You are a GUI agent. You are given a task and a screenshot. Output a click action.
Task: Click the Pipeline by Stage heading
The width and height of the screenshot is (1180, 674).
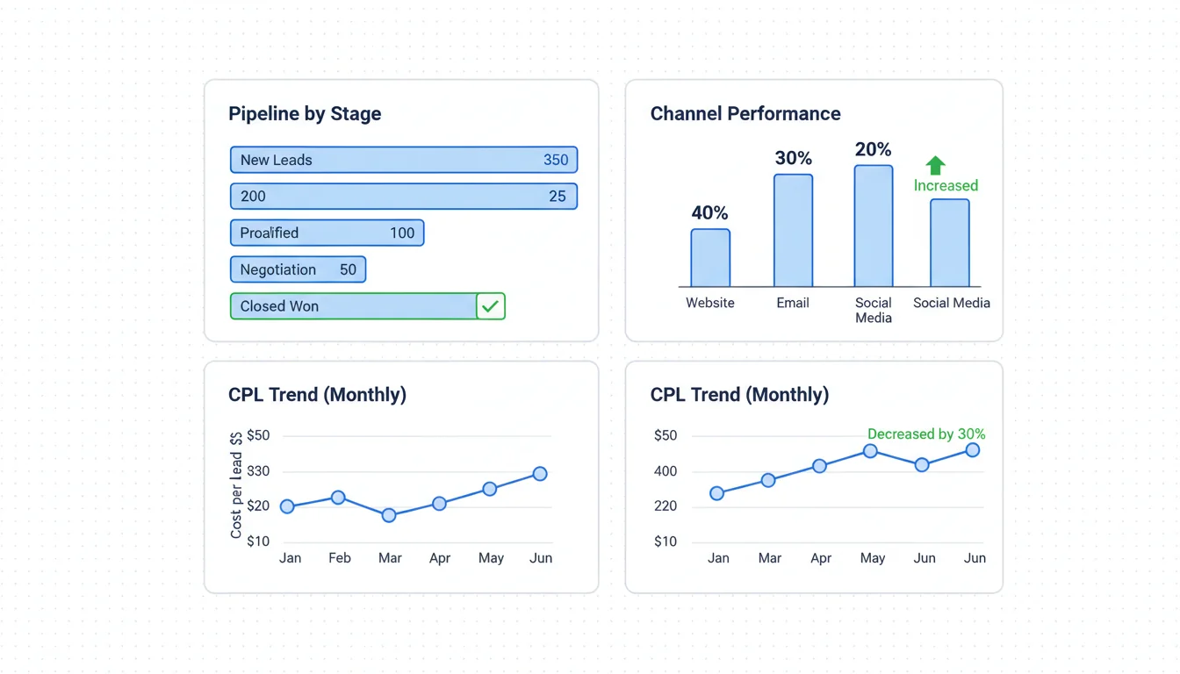(305, 114)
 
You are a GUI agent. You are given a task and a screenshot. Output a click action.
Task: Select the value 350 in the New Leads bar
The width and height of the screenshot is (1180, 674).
(556, 160)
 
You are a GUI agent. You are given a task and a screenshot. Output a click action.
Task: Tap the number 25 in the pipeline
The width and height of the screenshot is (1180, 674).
(558, 197)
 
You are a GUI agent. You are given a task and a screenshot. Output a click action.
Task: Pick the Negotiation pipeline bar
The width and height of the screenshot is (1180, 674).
(298, 269)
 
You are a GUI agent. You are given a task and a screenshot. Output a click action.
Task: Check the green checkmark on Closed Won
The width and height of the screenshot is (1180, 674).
(490, 306)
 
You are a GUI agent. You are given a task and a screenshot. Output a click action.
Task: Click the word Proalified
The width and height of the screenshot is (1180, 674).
(270, 233)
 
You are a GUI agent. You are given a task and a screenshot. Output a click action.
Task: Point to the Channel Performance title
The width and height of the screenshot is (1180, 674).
(745, 114)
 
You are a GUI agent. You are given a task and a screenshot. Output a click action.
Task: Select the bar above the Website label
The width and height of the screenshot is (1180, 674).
(710, 258)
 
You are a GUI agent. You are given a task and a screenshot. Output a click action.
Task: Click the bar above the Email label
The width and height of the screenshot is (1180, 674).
(793, 231)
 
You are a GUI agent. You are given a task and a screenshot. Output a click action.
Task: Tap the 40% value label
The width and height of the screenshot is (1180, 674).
(709, 212)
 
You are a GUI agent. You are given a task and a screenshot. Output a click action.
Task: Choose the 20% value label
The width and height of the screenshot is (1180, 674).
(873, 150)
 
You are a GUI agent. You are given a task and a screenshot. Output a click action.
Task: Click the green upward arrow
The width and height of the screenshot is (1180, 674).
(935, 165)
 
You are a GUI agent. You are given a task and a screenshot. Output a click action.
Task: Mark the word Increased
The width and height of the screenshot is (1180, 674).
(946, 185)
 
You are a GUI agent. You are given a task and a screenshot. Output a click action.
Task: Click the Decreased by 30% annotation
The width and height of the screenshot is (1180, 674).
(926, 434)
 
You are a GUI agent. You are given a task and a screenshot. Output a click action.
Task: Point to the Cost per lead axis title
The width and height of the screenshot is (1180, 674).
(236, 485)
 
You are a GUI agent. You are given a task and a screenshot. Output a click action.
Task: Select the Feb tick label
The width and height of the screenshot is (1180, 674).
(340, 558)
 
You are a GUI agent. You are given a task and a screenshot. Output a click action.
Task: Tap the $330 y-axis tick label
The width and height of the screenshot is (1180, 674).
(258, 471)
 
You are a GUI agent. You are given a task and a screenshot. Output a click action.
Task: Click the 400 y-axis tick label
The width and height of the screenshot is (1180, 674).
(666, 471)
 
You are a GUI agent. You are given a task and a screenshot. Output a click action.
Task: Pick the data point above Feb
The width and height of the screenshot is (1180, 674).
(338, 498)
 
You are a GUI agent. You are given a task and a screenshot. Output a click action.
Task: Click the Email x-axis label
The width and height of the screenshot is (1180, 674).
(793, 303)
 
